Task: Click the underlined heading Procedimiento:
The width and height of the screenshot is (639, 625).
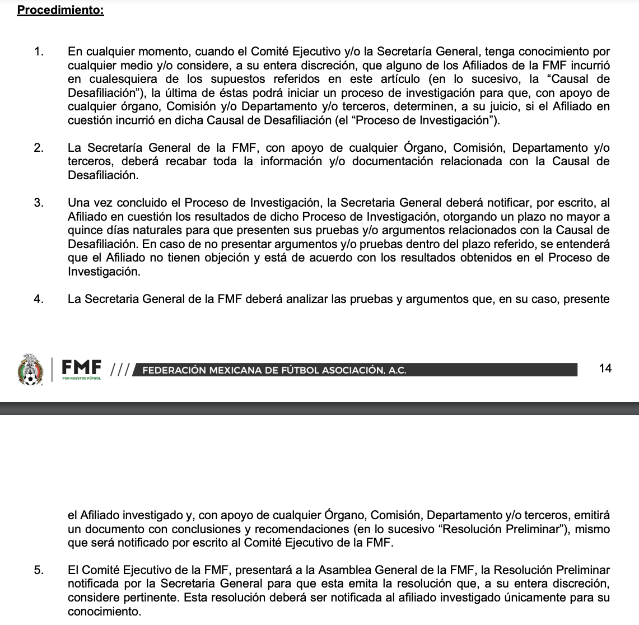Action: pos(60,11)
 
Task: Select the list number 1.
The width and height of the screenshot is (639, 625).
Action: pos(38,52)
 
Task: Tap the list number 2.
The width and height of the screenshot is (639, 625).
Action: pos(38,148)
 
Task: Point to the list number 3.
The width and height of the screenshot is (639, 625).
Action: pos(38,203)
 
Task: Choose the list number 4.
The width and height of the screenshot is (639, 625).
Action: pos(38,298)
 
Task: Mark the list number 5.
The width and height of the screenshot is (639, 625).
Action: pos(38,571)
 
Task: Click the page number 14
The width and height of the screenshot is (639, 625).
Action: pos(605,368)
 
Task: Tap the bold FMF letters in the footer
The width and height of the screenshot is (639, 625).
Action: pos(82,367)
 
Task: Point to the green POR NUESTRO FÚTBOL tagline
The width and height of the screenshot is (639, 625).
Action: pos(82,379)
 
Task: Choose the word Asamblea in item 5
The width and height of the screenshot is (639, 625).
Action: pos(341,571)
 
